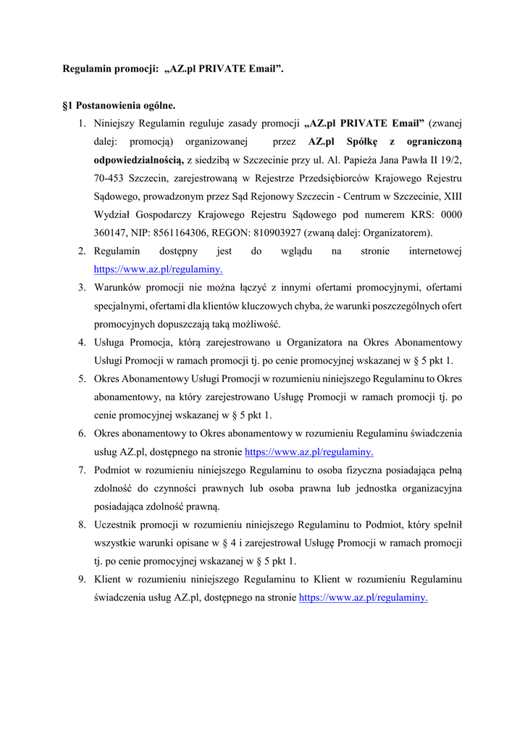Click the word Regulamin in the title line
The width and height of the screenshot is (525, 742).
pos(86,70)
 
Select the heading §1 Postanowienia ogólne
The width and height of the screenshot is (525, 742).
pos(119,106)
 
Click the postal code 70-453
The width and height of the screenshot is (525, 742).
pos(109,178)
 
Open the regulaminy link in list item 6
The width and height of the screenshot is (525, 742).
pos(309,451)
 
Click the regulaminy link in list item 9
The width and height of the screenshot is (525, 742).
pos(363,598)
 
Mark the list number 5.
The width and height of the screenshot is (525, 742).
pos(83,379)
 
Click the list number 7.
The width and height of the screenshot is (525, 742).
pos(83,470)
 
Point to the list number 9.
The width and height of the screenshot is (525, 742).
pos(83,580)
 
